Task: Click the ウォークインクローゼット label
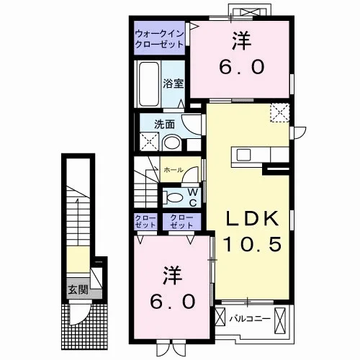pyautogui.click(x=160, y=39)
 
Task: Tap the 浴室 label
pyautogui.click(x=174, y=84)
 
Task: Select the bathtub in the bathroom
pyautogui.click(x=149, y=84)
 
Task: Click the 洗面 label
pyautogui.click(x=164, y=125)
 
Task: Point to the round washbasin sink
pyautogui.click(x=172, y=143)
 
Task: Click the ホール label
pyautogui.click(x=174, y=170)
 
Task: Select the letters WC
pyautogui.click(x=193, y=197)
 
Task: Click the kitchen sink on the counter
pyautogui.click(x=243, y=154)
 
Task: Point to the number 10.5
pyautogui.click(x=252, y=244)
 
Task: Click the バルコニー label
pyautogui.click(x=250, y=319)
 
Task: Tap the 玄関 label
pyautogui.click(x=78, y=289)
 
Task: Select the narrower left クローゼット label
pyautogui.click(x=145, y=222)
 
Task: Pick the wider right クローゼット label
pyautogui.click(x=181, y=222)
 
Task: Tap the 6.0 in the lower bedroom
pyautogui.click(x=173, y=302)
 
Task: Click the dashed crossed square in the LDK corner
pyautogui.click(x=280, y=113)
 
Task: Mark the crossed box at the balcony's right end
pyautogui.click(x=280, y=320)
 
